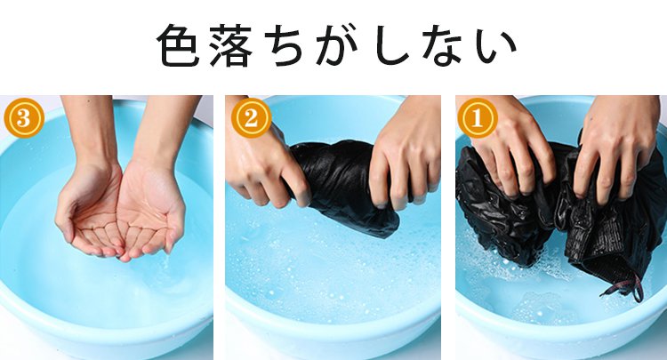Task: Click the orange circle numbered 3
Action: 24,118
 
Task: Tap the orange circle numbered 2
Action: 251,118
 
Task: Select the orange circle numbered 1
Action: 478,118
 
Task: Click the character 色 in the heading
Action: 178,45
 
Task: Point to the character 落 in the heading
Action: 231,45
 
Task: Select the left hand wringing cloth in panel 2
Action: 264,165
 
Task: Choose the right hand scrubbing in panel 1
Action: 615,148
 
